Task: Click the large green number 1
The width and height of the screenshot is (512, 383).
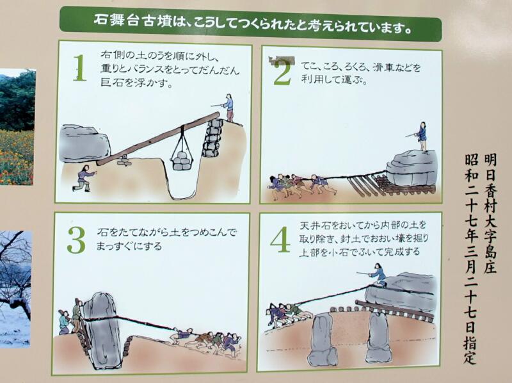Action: click(x=79, y=68)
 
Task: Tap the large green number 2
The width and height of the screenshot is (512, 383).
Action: click(x=283, y=72)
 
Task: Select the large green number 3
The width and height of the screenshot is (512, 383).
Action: click(x=76, y=240)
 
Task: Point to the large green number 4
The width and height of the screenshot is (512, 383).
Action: click(x=280, y=240)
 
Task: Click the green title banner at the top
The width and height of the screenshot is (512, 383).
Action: click(x=250, y=24)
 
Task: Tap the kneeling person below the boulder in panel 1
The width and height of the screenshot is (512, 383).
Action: click(x=84, y=178)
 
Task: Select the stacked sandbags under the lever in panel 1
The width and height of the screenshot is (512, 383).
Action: click(x=212, y=138)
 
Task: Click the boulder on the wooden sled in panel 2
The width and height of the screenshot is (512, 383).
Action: click(x=412, y=168)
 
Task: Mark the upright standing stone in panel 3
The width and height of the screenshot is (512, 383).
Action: click(x=102, y=330)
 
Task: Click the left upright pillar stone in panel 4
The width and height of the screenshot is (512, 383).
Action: click(x=322, y=340)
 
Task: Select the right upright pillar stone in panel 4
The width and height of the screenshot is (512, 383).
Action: click(x=379, y=337)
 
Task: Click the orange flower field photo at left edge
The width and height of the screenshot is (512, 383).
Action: click(x=17, y=127)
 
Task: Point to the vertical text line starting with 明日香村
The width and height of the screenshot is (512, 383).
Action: click(x=490, y=214)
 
